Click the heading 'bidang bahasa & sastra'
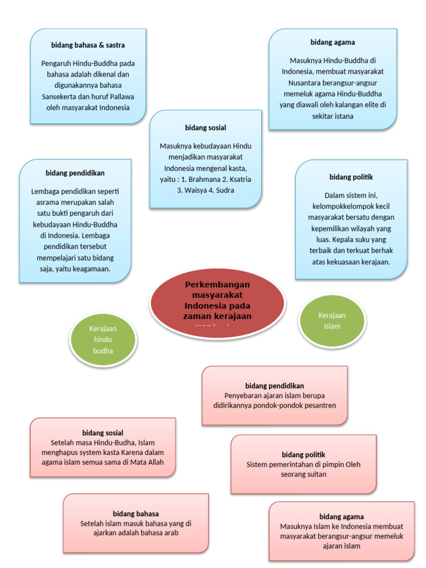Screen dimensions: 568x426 click(x=88, y=45)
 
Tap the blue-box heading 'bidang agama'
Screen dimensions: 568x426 click(x=332, y=42)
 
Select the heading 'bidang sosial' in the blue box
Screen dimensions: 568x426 click(x=205, y=128)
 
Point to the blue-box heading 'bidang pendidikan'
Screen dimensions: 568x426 click(x=75, y=173)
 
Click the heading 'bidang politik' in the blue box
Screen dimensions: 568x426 click(x=351, y=177)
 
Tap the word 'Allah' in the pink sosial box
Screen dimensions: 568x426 click(x=154, y=462)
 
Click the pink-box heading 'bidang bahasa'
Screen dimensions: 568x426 click(x=136, y=514)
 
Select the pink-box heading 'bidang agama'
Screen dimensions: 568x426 click(x=341, y=516)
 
